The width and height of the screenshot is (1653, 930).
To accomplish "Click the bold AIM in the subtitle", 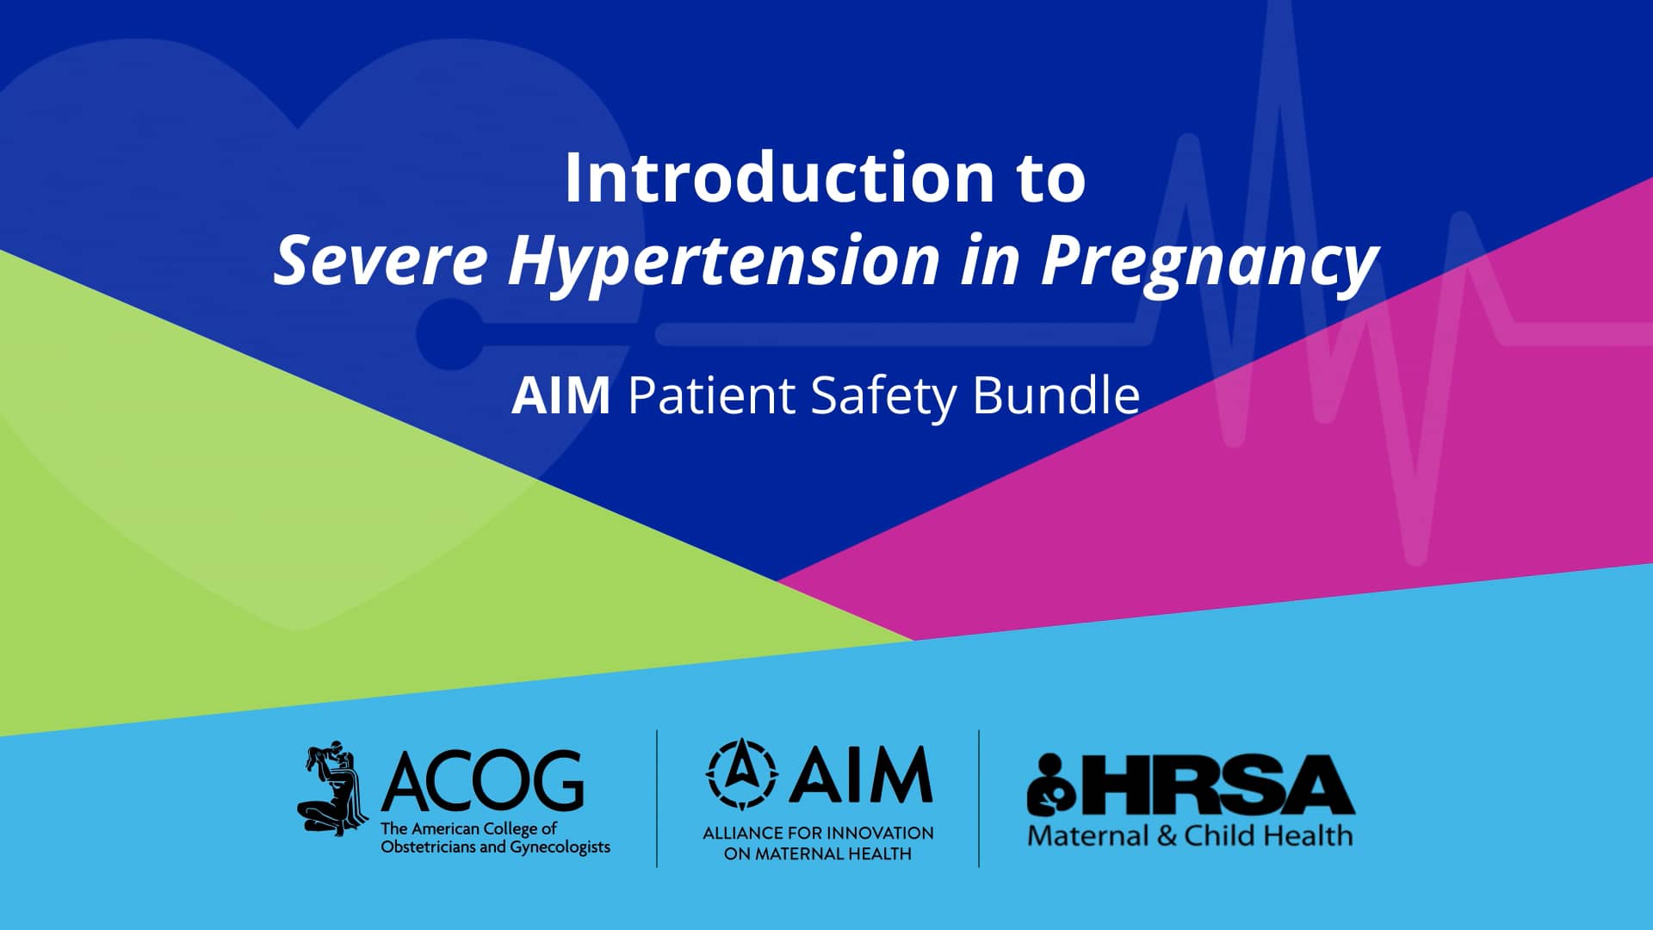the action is coord(560,396).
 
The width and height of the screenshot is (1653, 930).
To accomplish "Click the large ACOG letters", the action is coord(483,781).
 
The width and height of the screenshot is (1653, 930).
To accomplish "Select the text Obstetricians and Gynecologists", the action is coord(495,847).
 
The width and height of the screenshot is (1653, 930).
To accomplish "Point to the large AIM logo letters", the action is coord(861,775).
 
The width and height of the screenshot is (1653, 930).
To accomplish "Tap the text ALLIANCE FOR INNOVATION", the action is coord(818,834).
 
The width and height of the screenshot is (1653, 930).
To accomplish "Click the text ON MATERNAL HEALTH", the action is coord(818,854).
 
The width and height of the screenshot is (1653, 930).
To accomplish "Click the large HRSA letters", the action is coord(1216,785).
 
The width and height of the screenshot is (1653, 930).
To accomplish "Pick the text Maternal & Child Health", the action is coord(1190,836).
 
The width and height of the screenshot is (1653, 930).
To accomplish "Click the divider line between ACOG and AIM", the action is coord(657,798).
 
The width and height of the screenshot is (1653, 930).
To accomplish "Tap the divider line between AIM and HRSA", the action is coord(979,798).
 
